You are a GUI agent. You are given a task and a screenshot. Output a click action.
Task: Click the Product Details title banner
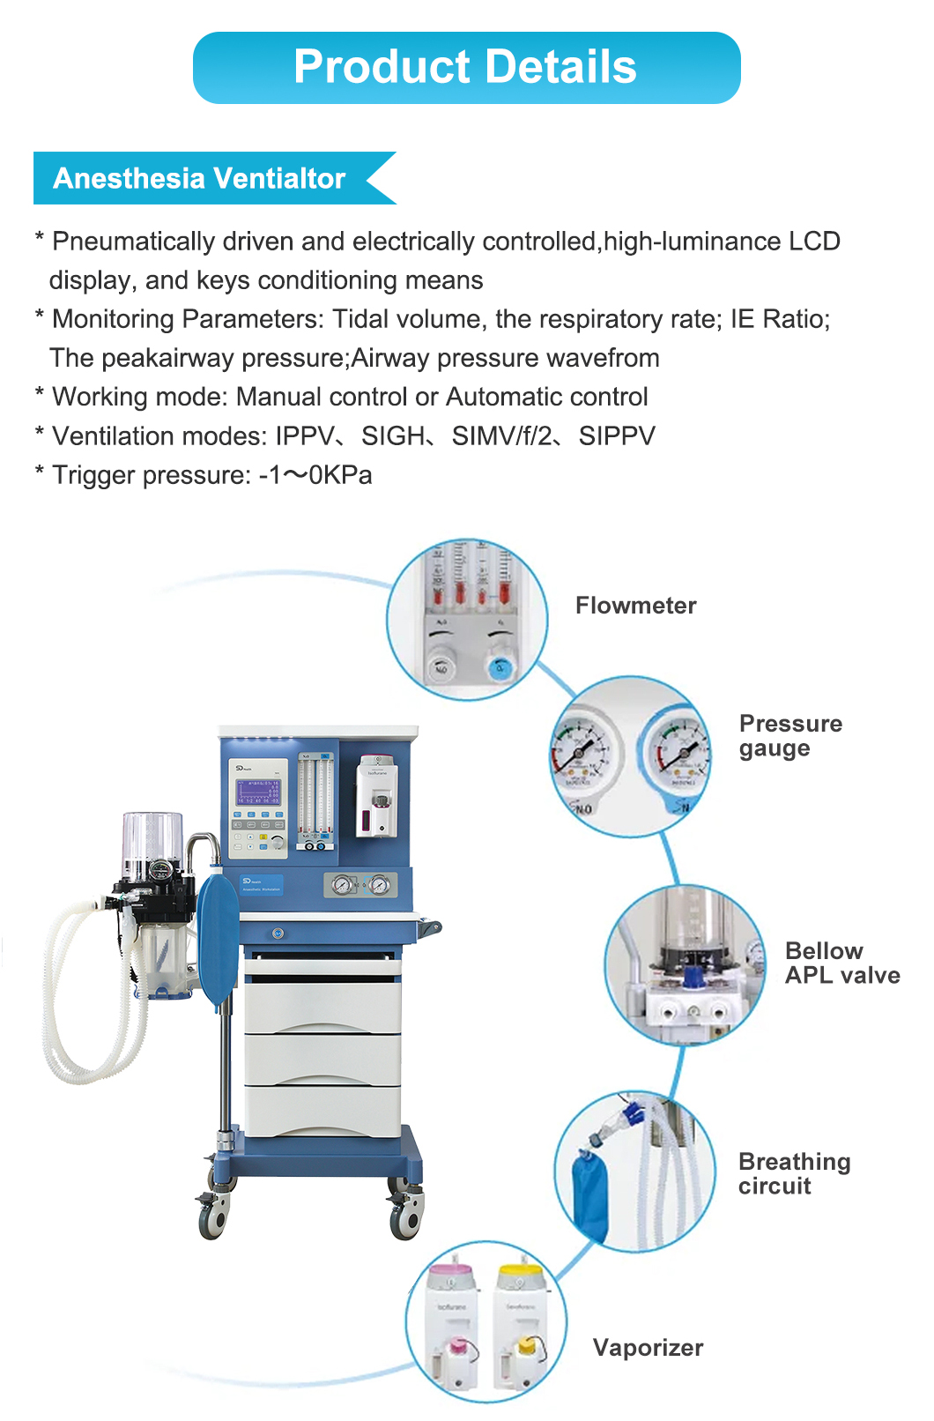point(466,68)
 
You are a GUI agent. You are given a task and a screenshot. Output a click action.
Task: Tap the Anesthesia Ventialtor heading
point(199,178)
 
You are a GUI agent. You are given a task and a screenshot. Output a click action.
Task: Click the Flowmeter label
point(635,606)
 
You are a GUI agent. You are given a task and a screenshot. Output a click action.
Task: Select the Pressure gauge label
point(789,736)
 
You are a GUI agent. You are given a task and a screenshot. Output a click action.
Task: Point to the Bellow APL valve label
point(841,963)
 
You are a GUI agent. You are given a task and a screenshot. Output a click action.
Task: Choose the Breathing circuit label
point(794,1173)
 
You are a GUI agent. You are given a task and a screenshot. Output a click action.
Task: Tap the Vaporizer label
point(648,1348)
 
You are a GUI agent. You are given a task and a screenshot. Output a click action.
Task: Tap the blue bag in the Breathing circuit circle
point(589,1194)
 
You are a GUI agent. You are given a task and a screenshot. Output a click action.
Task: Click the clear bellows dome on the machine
point(152,837)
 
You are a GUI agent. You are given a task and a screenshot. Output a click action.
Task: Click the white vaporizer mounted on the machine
point(377,798)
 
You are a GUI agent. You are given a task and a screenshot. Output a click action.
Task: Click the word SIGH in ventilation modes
point(392,436)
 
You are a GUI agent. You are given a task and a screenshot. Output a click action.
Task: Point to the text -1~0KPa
point(315,475)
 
